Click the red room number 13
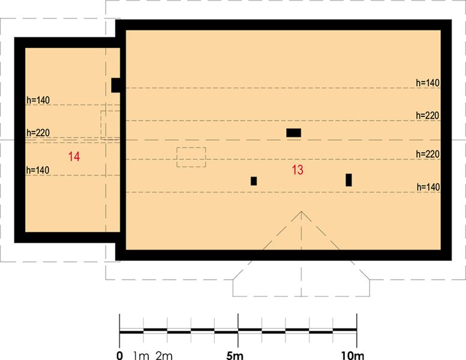[x=297, y=170]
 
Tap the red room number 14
[x=74, y=157]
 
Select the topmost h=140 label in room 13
[x=428, y=83]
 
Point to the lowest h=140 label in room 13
[x=428, y=187]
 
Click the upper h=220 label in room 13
[x=428, y=115]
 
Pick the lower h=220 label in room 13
[x=428, y=154]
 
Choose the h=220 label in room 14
[x=38, y=133]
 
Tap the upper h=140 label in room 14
[x=38, y=100]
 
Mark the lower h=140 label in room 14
[x=38, y=170]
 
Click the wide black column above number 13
[x=293, y=133]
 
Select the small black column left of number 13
[x=254, y=181]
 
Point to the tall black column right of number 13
[x=349, y=179]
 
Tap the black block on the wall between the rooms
[x=116, y=85]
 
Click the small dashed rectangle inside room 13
[x=191, y=157]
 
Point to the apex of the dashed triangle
[x=301, y=211]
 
